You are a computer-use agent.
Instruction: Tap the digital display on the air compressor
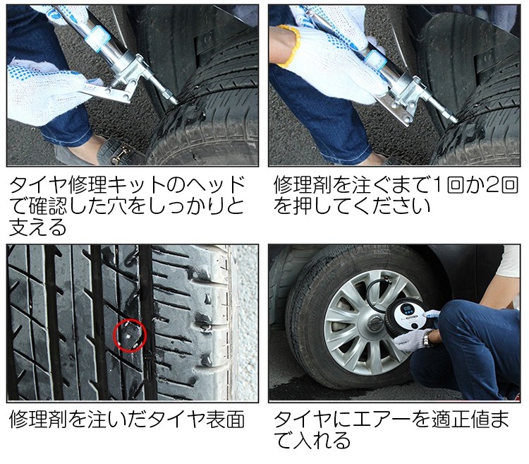click(406, 309)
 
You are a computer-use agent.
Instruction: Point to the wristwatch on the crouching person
click(427, 338)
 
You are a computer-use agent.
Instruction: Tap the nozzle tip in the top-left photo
click(174, 100)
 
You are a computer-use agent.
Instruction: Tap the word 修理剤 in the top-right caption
click(303, 185)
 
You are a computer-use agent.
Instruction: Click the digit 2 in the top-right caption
click(492, 185)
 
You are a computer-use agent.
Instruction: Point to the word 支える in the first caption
click(37, 227)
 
